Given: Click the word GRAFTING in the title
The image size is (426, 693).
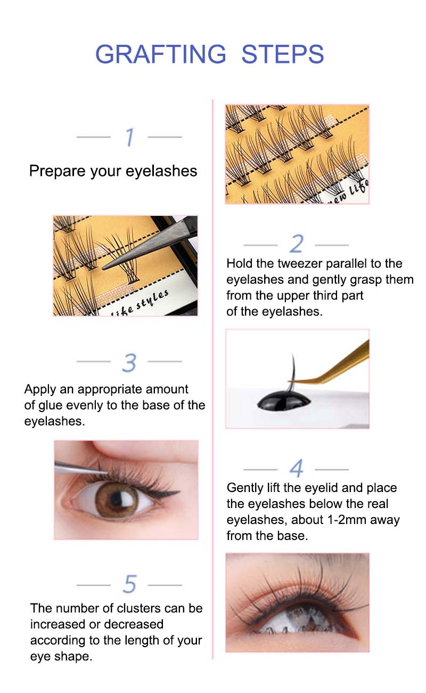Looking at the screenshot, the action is point(161,54).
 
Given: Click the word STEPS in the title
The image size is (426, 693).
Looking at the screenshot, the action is point(283,54).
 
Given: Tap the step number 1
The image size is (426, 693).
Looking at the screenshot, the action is point(130,137).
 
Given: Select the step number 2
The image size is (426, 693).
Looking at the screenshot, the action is point(297,244).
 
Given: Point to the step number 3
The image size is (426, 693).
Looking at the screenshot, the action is point(129,362).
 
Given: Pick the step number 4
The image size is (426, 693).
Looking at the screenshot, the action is point(297,469).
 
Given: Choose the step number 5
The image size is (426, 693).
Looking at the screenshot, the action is point(129,584).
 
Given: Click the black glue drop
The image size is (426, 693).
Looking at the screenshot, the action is point(284,401).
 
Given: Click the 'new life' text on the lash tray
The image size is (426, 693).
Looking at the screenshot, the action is point(349,193).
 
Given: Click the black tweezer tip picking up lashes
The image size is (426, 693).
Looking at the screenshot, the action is point(104,267).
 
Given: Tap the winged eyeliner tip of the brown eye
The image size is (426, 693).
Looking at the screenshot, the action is point(179,491).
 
